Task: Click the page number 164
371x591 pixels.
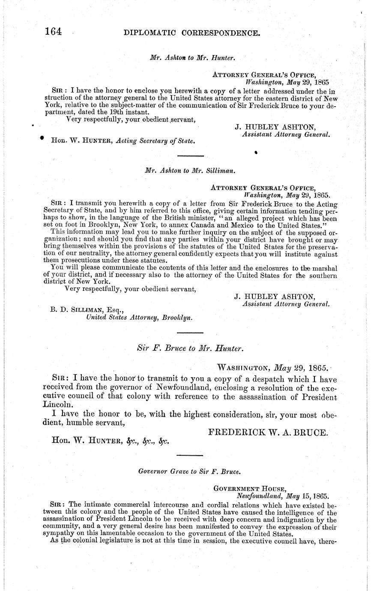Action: click(52, 31)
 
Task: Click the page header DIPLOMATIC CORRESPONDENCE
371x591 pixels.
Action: click(191, 32)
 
